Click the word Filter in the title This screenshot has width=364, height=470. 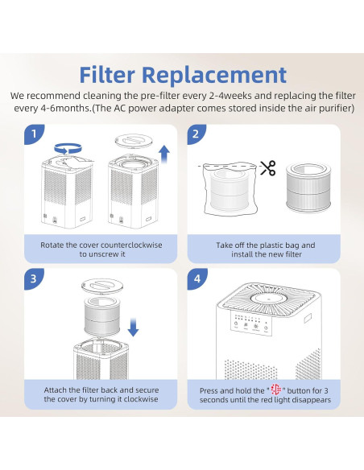click(107, 75)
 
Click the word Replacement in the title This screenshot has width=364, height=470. click(214, 75)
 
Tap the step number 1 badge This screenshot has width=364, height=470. click(34, 134)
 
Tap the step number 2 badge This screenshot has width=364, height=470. click(196, 134)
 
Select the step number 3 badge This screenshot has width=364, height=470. click(34, 278)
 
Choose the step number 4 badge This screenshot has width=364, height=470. click(196, 278)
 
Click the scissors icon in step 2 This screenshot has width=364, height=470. click(267, 168)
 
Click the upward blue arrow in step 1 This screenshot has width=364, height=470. click(164, 154)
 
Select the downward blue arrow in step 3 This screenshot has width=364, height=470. click(133, 328)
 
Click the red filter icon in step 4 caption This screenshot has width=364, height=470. click(276, 390)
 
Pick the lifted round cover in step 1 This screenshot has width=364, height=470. click(134, 141)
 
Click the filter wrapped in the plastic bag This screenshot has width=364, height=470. click(230, 189)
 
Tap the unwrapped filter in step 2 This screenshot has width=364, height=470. click(308, 188)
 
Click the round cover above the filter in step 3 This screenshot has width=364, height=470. click(103, 286)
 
